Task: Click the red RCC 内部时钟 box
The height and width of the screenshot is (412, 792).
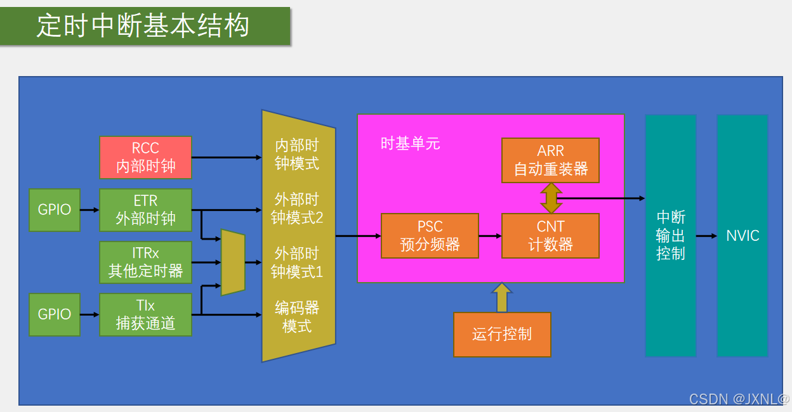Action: [145, 157]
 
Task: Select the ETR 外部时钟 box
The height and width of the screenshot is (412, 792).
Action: [145, 210]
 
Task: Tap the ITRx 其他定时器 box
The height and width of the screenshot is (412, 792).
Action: [145, 262]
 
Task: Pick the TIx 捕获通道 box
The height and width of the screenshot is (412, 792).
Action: [145, 314]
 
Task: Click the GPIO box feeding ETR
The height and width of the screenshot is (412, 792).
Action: [55, 210]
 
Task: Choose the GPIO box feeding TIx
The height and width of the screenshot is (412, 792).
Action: [55, 314]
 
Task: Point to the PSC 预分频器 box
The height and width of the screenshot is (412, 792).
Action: [430, 236]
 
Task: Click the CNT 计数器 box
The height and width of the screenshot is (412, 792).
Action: [550, 236]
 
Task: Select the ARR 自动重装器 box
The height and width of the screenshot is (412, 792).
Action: [550, 160]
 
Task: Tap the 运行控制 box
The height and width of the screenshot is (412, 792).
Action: [502, 334]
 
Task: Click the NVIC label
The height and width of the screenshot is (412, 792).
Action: [742, 236]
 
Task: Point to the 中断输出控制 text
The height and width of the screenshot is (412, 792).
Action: [671, 236]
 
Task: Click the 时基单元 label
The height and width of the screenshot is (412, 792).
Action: [410, 144]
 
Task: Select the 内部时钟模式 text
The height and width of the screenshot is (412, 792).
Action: [297, 155]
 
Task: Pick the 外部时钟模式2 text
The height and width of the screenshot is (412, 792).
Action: [297, 209]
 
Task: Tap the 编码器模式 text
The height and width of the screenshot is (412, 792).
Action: [297, 317]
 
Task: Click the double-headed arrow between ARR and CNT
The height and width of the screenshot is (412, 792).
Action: [550, 198]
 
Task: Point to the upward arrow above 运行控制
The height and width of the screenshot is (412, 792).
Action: [502, 297]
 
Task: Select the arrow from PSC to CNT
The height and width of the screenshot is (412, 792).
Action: [490, 236]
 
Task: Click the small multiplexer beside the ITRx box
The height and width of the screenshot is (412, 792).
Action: [233, 262]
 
